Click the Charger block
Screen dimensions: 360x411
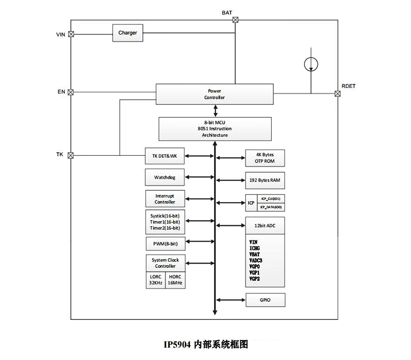[x=127, y=33]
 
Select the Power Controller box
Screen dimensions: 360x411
[x=214, y=94]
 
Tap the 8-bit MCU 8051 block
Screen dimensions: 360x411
[x=214, y=129]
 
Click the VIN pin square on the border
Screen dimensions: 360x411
[x=71, y=34]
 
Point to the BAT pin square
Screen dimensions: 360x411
[x=235, y=20]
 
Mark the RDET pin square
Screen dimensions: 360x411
[x=338, y=94]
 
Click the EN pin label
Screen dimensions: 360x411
[x=61, y=92]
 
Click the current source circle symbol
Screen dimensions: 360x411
[x=310, y=64]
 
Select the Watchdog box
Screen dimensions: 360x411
[x=165, y=177]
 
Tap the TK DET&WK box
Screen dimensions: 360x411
[x=165, y=156]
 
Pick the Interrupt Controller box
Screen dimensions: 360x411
[x=165, y=199]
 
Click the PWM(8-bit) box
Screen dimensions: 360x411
[x=165, y=242]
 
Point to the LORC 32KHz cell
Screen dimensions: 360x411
[x=155, y=280]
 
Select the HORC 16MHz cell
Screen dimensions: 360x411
[x=175, y=280]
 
